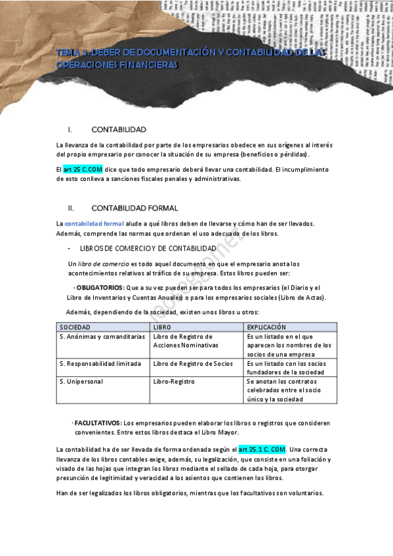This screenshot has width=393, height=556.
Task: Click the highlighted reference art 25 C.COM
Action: pyautogui.click(x=83, y=169)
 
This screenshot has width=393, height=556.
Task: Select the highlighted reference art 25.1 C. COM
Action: pyautogui.click(x=262, y=449)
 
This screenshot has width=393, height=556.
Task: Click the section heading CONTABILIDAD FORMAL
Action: pyautogui.click(x=134, y=208)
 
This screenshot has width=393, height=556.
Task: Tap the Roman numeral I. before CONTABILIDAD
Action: pyautogui.click(x=70, y=129)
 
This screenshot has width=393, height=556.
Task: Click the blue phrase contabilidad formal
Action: pyautogui.click(x=89, y=224)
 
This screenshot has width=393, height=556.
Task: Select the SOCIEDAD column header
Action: pyautogui.click(x=75, y=327)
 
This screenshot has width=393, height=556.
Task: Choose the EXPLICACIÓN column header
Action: pyautogui.click(x=266, y=327)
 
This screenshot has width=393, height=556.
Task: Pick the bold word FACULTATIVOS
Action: pyautogui.click(x=98, y=422)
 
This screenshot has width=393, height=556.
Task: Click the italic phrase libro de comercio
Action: pyautogui.click(x=100, y=264)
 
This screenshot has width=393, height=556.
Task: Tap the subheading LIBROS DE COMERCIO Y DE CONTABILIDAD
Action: pyautogui.click(x=148, y=248)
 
